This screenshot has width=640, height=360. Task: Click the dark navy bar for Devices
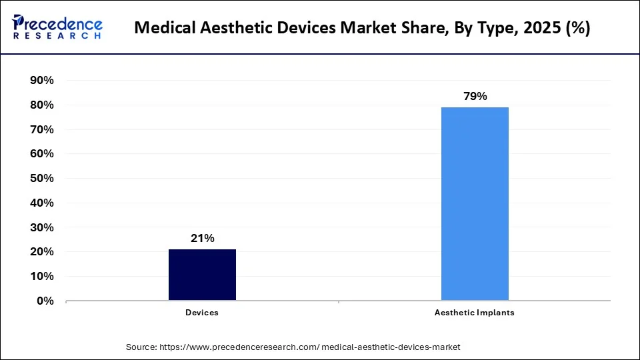click(202, 275)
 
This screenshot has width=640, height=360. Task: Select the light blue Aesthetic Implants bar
click(475, 203)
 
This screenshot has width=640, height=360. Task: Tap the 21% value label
click(202, 238)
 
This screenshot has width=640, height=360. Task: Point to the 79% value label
click(475, 96)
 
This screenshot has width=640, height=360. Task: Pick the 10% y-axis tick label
click(43, 276)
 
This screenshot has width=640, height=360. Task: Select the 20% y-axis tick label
click(43, 252)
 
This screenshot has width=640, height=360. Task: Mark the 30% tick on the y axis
click(43, 227)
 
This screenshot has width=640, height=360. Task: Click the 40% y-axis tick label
click(43, 203)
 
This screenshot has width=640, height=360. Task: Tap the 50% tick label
click(43, 178)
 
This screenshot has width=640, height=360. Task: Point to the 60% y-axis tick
click(43, 153)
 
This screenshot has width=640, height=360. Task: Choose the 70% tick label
click(43, 129)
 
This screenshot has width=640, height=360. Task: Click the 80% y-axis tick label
click(43, 105)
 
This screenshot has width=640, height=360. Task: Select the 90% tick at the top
click(43, 80)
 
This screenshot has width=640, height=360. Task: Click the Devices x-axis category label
click(202, 312)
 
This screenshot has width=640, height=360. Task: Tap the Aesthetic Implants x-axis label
click(475, 312)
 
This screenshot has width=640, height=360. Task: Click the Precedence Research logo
click(57, 27)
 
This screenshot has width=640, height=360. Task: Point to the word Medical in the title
click(162, 29)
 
